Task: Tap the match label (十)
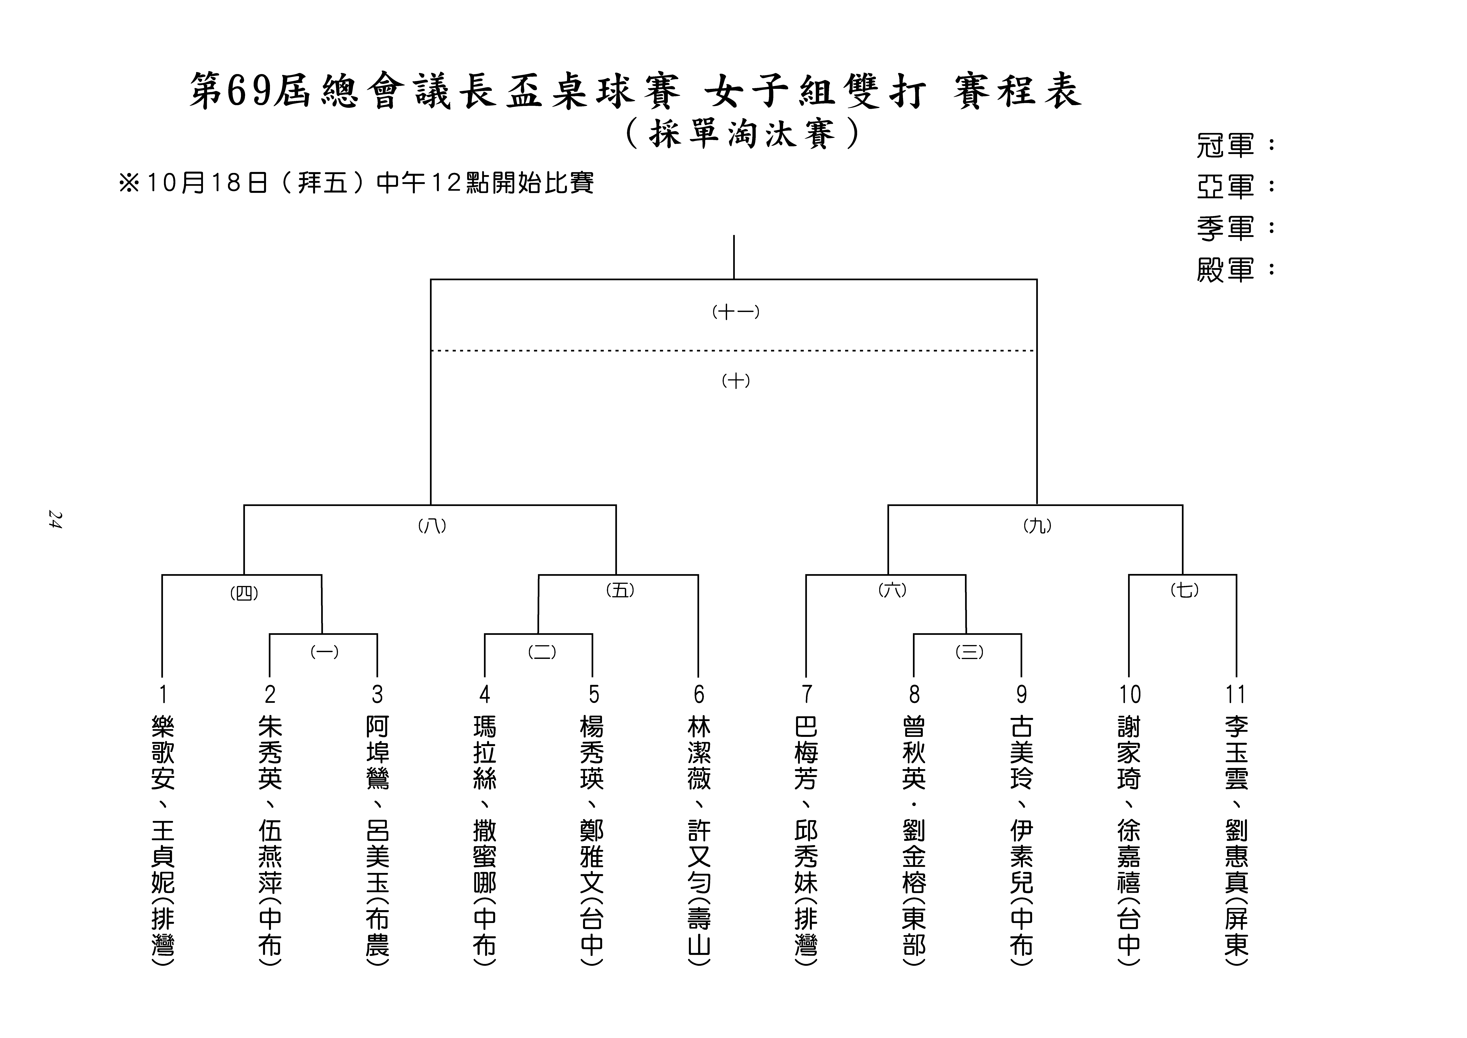736,381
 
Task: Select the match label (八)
432,526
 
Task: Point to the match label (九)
1037,526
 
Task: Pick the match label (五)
620,591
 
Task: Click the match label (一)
324,652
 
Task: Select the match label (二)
542,652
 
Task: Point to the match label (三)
969,652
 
